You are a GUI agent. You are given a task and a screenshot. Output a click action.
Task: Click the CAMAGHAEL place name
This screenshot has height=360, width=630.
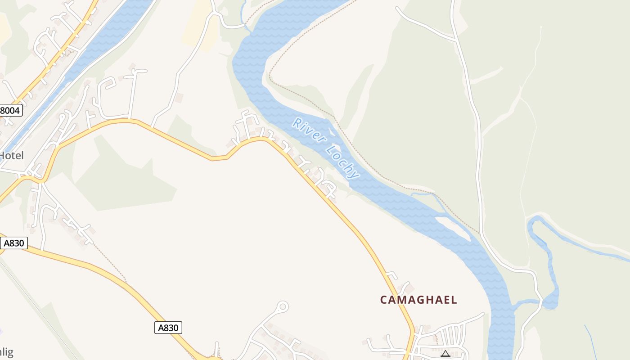[418, 300]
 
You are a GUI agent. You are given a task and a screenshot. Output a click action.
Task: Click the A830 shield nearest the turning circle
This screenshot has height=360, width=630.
[168, 328]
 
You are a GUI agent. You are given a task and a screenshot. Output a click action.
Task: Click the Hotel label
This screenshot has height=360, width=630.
[11, 156]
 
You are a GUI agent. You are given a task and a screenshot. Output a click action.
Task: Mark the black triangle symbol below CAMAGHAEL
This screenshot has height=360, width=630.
[445, 354]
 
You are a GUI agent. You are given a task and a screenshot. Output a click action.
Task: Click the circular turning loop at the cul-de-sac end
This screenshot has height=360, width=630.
[282, 307]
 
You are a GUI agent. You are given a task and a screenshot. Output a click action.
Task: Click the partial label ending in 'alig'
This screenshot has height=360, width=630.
[6, 351]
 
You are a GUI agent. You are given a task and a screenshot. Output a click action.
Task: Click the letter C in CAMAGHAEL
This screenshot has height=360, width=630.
[384, 300]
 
